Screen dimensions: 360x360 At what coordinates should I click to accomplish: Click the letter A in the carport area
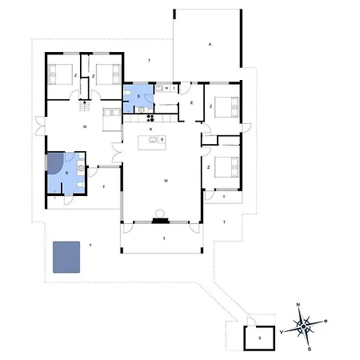[210, 44]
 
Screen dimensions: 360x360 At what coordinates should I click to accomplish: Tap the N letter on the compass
[298, 305]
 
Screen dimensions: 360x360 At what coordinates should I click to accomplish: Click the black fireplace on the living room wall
[160, 219]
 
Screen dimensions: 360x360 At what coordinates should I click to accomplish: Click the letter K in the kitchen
[150, 129]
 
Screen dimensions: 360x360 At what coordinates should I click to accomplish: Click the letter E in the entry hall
[192, 103]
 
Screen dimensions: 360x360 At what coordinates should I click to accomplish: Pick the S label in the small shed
[259, 338]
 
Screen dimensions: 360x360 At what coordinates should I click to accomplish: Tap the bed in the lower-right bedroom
[228, 168]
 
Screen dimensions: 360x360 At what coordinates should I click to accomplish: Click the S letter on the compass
[310, 348]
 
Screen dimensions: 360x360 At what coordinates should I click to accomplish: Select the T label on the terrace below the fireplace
[163, 238]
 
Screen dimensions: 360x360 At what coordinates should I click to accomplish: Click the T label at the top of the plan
[149, 61]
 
